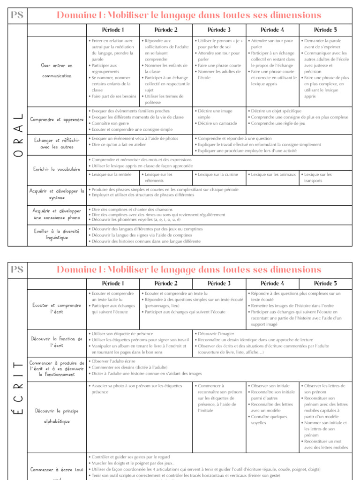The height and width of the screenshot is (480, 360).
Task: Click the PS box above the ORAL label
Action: point(17,15)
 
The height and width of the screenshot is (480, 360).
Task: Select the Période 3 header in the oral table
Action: point(219,30)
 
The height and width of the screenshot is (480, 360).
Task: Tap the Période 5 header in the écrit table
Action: point(325,284)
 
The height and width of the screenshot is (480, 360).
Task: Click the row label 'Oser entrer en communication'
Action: point(57,70)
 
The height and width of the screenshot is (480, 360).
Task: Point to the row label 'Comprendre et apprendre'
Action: point(57,120)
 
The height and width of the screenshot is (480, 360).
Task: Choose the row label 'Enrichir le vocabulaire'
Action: point(57,169)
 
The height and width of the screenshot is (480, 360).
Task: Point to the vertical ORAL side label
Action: point(17,136)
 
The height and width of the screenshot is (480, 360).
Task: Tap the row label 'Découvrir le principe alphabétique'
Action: point(57,416)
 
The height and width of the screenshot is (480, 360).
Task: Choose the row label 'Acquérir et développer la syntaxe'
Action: point(57,194)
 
